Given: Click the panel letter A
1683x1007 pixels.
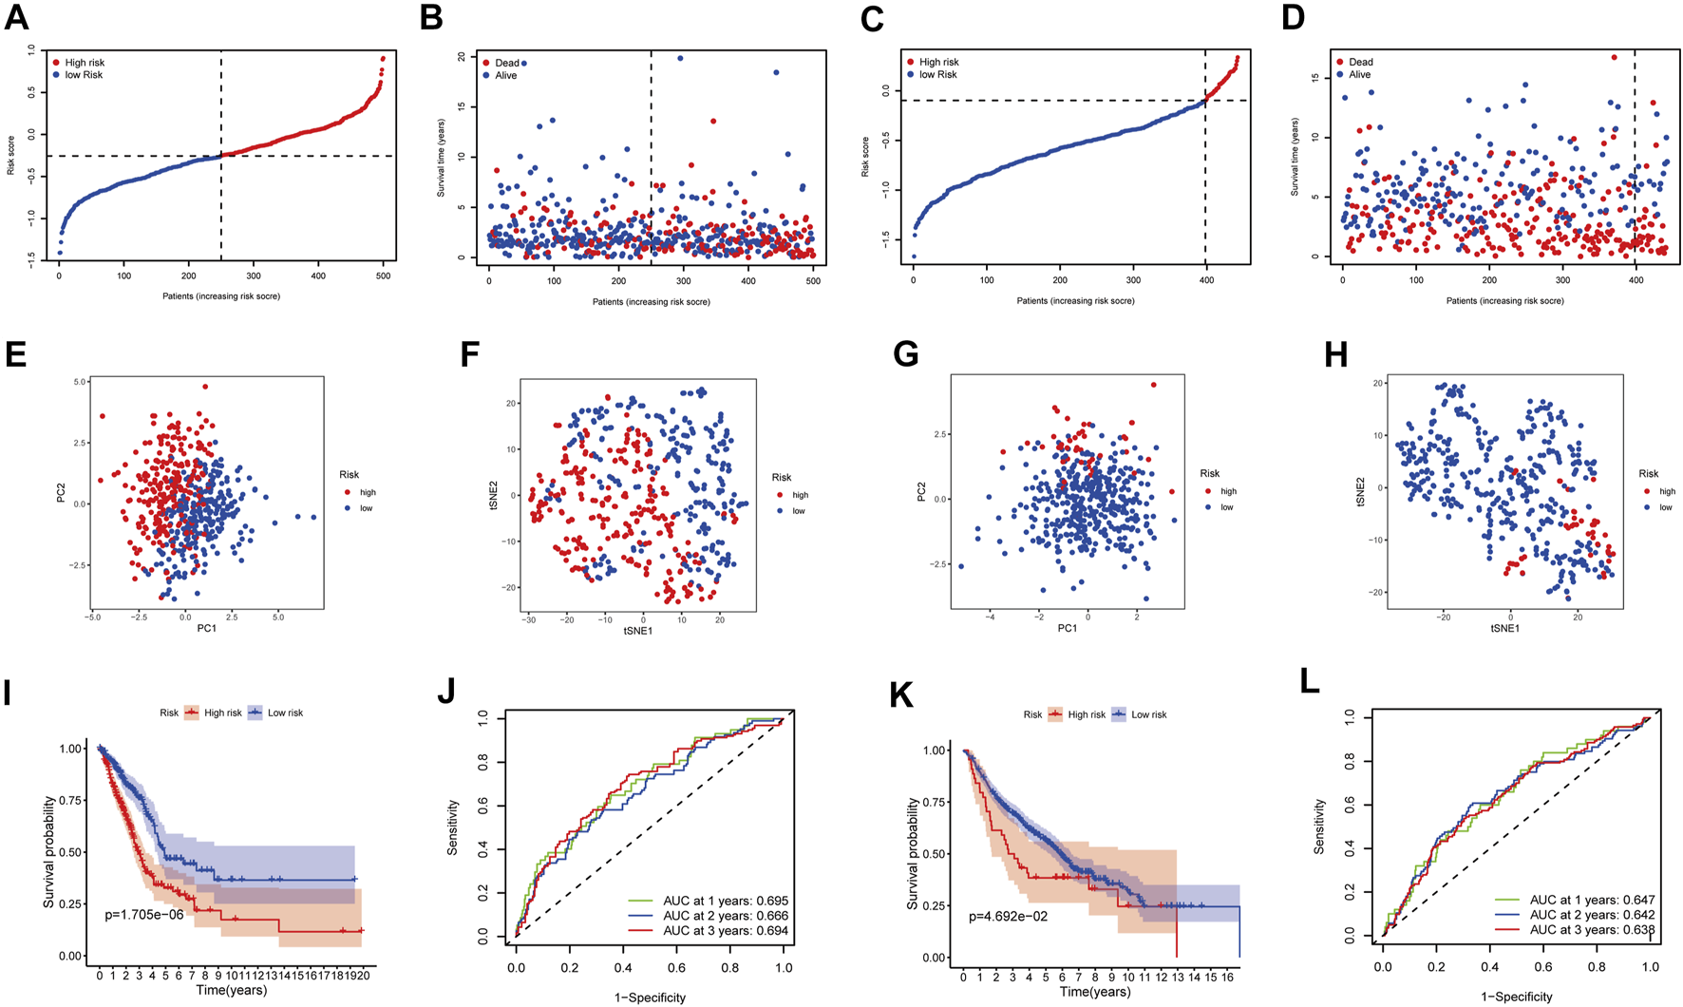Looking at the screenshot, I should tap(16, 19).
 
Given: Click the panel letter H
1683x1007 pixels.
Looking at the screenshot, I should tap(1335, 355).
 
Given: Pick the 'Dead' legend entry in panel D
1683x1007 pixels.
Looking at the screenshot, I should tap(1360, 62).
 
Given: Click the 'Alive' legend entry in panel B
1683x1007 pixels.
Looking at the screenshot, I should tap(505, 75).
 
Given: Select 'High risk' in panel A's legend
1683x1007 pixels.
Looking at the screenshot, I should tap(84, 63).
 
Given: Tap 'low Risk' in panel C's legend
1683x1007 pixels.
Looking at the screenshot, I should tap(937, 74).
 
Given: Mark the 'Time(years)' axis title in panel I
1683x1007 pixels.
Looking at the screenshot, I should tap(231, 990).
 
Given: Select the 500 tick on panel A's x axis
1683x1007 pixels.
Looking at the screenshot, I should tap(383, 276).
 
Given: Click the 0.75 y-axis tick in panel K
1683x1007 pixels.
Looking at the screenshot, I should tap(936, 802).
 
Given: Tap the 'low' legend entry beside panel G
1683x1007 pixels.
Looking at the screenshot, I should tap(1227, 507).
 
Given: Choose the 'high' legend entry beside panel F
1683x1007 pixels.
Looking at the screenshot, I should tap(800, 495).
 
